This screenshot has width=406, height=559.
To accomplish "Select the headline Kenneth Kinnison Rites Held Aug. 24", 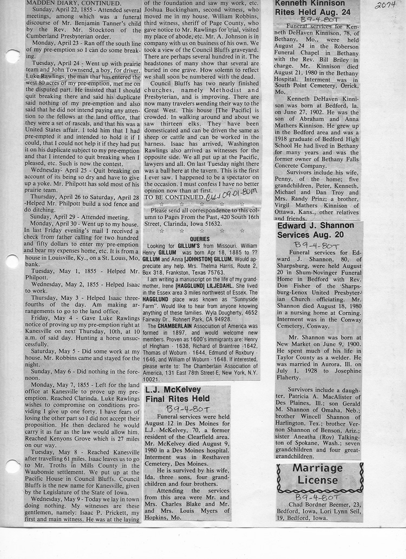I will pyautogui.click(x=312, y=7).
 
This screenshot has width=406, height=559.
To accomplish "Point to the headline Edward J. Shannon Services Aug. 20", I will pyautogui.click(x=316, y=230).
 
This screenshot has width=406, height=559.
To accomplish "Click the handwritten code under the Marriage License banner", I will pyautogui.click(x=318, y=495).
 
